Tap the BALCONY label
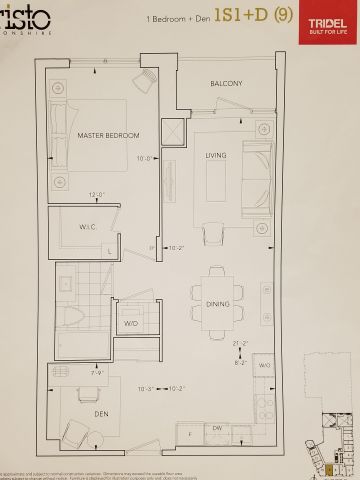coord(226,84)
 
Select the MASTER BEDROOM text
coord(108,135)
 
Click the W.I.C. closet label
coord(88,227)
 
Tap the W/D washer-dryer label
coord(131,324)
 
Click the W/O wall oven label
coord(264,366)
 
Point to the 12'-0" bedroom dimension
coord(98,195)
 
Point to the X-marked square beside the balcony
coord(176,133)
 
